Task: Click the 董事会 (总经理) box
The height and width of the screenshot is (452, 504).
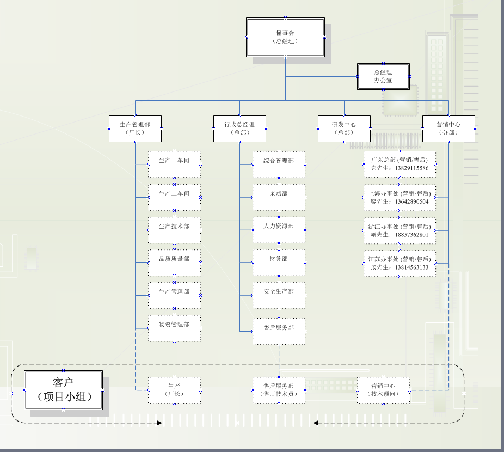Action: (285, 37)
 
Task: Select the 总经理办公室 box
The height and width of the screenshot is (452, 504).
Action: (383, 76)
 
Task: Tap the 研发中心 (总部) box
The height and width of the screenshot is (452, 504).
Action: (344, 129)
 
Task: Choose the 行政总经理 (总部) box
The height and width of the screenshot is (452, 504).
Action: (239, 129)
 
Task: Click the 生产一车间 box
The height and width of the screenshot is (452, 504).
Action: (174, 164)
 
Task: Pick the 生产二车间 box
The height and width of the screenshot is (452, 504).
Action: (174, 197)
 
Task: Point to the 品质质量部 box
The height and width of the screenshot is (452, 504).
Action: (174, 262)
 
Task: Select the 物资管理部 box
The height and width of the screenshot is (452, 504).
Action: (174, 328)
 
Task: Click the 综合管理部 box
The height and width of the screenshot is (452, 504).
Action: (279, 164)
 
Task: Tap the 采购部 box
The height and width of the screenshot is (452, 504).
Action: (279, 197)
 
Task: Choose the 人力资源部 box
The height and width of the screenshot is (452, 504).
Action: (279, 229)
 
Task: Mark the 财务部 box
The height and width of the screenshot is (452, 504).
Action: (279, 262)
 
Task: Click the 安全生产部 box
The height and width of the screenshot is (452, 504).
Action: (279, 295)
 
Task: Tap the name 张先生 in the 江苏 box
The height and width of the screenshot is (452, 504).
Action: (378, 267)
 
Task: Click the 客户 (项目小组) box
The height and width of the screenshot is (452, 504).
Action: (64, 390)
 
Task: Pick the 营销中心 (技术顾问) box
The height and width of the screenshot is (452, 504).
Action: (383, 390)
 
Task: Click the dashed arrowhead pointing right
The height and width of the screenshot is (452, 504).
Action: (159, 423)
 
